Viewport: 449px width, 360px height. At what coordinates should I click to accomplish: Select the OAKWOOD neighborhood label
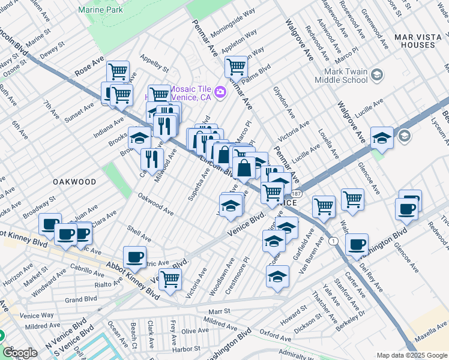74,181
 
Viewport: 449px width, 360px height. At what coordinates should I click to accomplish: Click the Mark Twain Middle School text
341,76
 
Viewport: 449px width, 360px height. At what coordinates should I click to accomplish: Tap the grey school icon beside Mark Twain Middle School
377,75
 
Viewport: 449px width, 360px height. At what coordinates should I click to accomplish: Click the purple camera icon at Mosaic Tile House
220,92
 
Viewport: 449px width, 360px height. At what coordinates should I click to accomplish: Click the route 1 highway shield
334,241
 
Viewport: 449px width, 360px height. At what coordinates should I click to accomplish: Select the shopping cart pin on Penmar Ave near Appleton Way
237,67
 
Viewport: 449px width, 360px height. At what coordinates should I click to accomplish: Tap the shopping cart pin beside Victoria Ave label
170,279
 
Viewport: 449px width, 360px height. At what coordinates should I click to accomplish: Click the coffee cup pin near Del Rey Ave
357,244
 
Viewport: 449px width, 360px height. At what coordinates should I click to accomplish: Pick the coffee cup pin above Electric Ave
134,257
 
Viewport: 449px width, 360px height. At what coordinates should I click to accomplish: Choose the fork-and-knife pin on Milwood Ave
152,159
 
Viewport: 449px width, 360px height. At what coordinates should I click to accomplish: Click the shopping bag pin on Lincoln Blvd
245,168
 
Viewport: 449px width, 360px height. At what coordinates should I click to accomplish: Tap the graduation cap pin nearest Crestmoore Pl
274,241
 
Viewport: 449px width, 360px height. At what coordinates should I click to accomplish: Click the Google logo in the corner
20,353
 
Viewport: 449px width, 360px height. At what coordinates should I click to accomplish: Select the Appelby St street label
154,64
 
